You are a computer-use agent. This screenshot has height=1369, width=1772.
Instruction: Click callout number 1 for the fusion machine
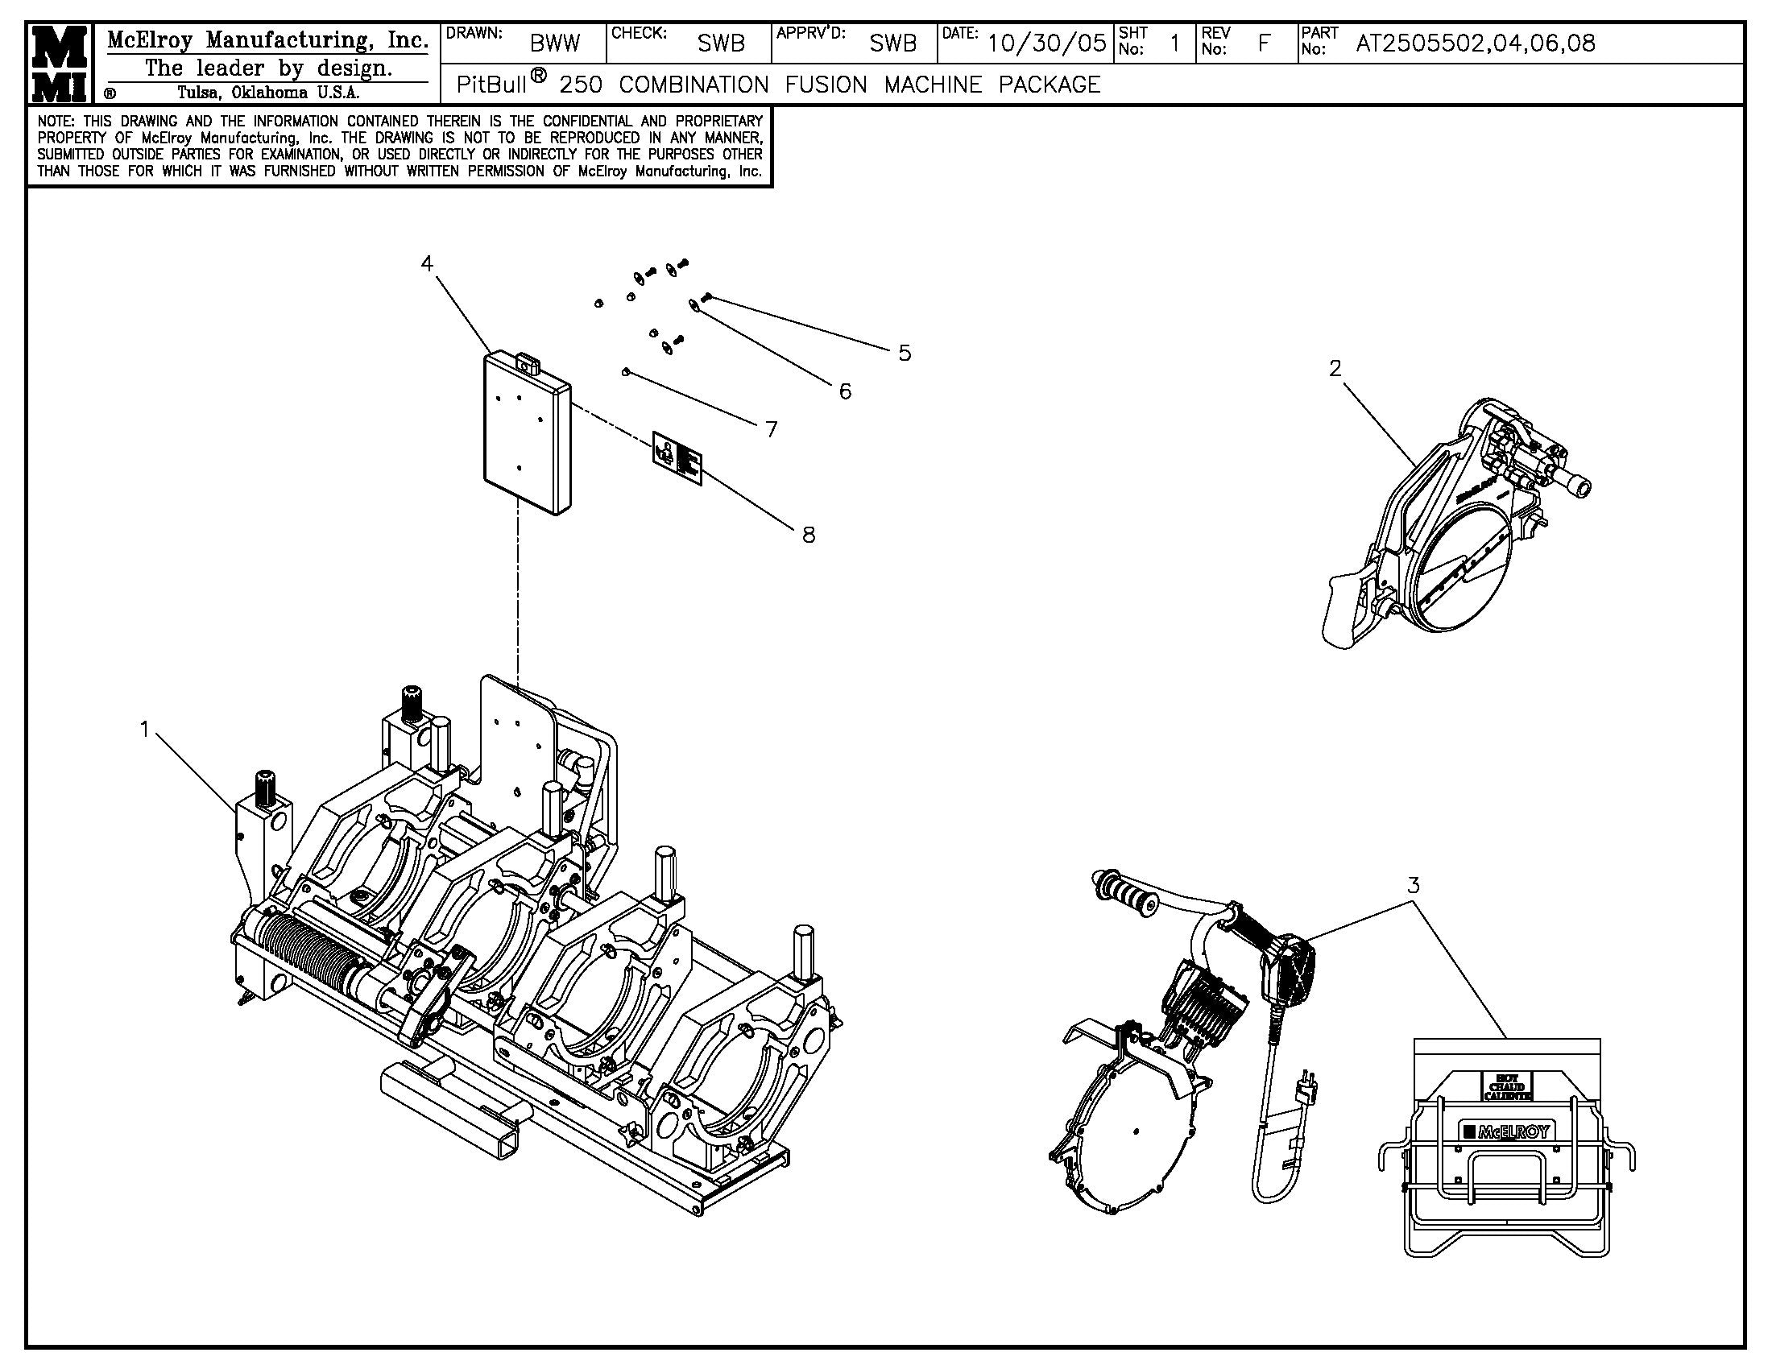(145, 730)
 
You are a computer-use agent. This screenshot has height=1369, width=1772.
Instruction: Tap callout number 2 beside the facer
(1335, 368)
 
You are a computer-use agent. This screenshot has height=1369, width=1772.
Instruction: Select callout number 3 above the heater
(1414, 885)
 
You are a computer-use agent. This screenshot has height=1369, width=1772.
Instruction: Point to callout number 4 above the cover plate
(427, 263)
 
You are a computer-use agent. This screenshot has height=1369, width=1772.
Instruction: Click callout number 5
(905, 353)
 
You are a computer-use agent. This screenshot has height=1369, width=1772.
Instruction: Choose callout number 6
(846, 391)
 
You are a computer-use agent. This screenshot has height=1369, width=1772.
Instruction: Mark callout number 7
(772, 429)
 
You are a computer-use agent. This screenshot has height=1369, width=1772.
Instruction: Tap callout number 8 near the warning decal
(808, 535)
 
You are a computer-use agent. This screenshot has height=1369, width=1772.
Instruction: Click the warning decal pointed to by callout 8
(677, 458)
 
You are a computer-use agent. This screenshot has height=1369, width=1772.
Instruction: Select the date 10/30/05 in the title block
(1046, 43)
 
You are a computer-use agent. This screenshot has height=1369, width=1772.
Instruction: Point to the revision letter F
(1263, 43)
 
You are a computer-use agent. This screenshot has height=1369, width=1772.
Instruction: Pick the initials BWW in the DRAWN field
(555, 43)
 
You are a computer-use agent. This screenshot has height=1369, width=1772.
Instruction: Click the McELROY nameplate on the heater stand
(1506, 1131)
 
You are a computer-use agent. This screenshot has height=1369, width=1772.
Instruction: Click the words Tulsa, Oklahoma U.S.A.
(268, 92)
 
